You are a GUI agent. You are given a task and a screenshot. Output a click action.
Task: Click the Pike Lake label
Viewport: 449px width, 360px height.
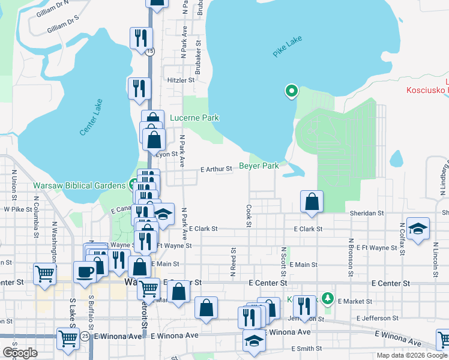(287, 47)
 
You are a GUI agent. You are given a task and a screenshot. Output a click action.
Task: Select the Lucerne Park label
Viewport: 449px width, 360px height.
(194, 118)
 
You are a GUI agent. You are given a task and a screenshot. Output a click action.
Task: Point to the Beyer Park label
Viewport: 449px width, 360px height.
(259, 166)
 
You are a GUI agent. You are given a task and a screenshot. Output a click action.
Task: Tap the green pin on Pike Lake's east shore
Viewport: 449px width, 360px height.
(291, 91)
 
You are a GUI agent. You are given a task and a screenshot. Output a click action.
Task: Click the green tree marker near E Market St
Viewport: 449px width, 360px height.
(327, 298)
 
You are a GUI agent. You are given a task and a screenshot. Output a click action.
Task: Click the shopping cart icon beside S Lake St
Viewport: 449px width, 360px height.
(68, 338)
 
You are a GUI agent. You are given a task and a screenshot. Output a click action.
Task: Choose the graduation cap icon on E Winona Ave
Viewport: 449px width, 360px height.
(254, 341)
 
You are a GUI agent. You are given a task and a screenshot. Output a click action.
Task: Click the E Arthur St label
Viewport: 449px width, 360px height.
(216, 170)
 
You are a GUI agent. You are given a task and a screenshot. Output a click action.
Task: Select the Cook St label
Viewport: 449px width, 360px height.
(249, 216)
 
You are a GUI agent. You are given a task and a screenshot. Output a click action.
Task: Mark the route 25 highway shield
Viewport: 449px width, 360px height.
(86, 337)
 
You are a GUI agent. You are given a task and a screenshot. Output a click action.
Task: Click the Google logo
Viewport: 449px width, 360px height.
(20, 352)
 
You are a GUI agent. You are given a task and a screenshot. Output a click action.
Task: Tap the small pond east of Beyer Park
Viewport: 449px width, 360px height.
(396, 159)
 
